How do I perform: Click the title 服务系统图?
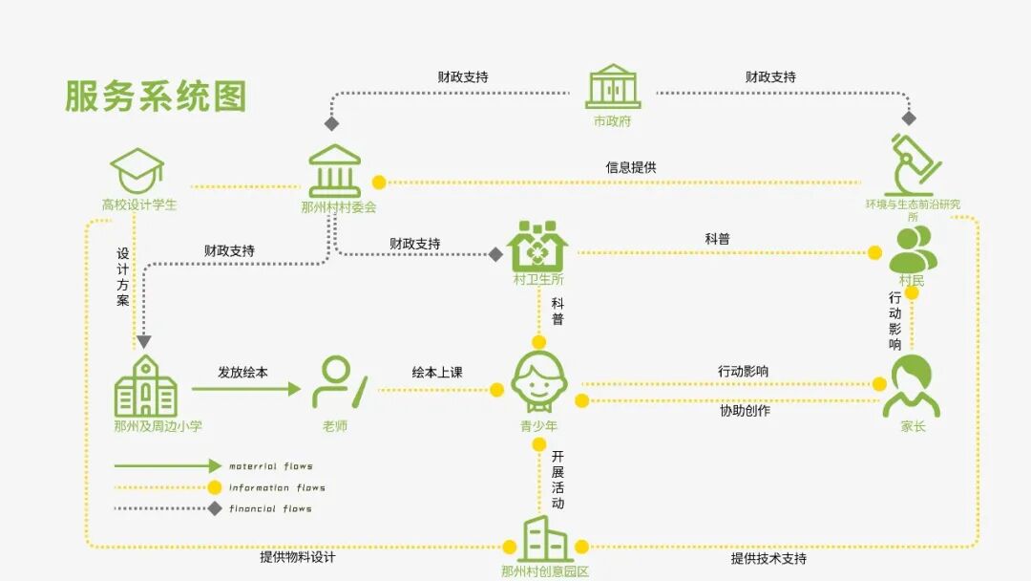pyautogui.click(x=156, y=97)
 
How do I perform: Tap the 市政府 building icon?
pyautogui.click(x=612, y=87)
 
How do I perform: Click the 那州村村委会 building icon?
pyautogui.click(x=334, y=171)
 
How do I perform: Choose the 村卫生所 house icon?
pyautogui.click(x=537, y=245)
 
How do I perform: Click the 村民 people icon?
pyautogui.click(x=912, y=250)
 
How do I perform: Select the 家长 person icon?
pyautogui.click(x=912, y=386)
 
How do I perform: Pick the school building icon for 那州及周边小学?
pyautogui.click(x=146, y=386)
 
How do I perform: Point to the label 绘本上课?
pyautogui.click(x=437, y=372)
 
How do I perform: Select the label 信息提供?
pyautogui.click(x=631, y=167)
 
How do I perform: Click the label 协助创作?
pyautogui.click(x=745, y=411)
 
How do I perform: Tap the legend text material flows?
pyautogui.click(x=271, y=466)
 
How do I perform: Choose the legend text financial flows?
pyautogui.click(x=270, y=508)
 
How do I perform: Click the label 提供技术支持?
pyautogui.click(x=768, y=559)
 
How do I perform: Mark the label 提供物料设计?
pyautogui.click(x=298, y=557)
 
